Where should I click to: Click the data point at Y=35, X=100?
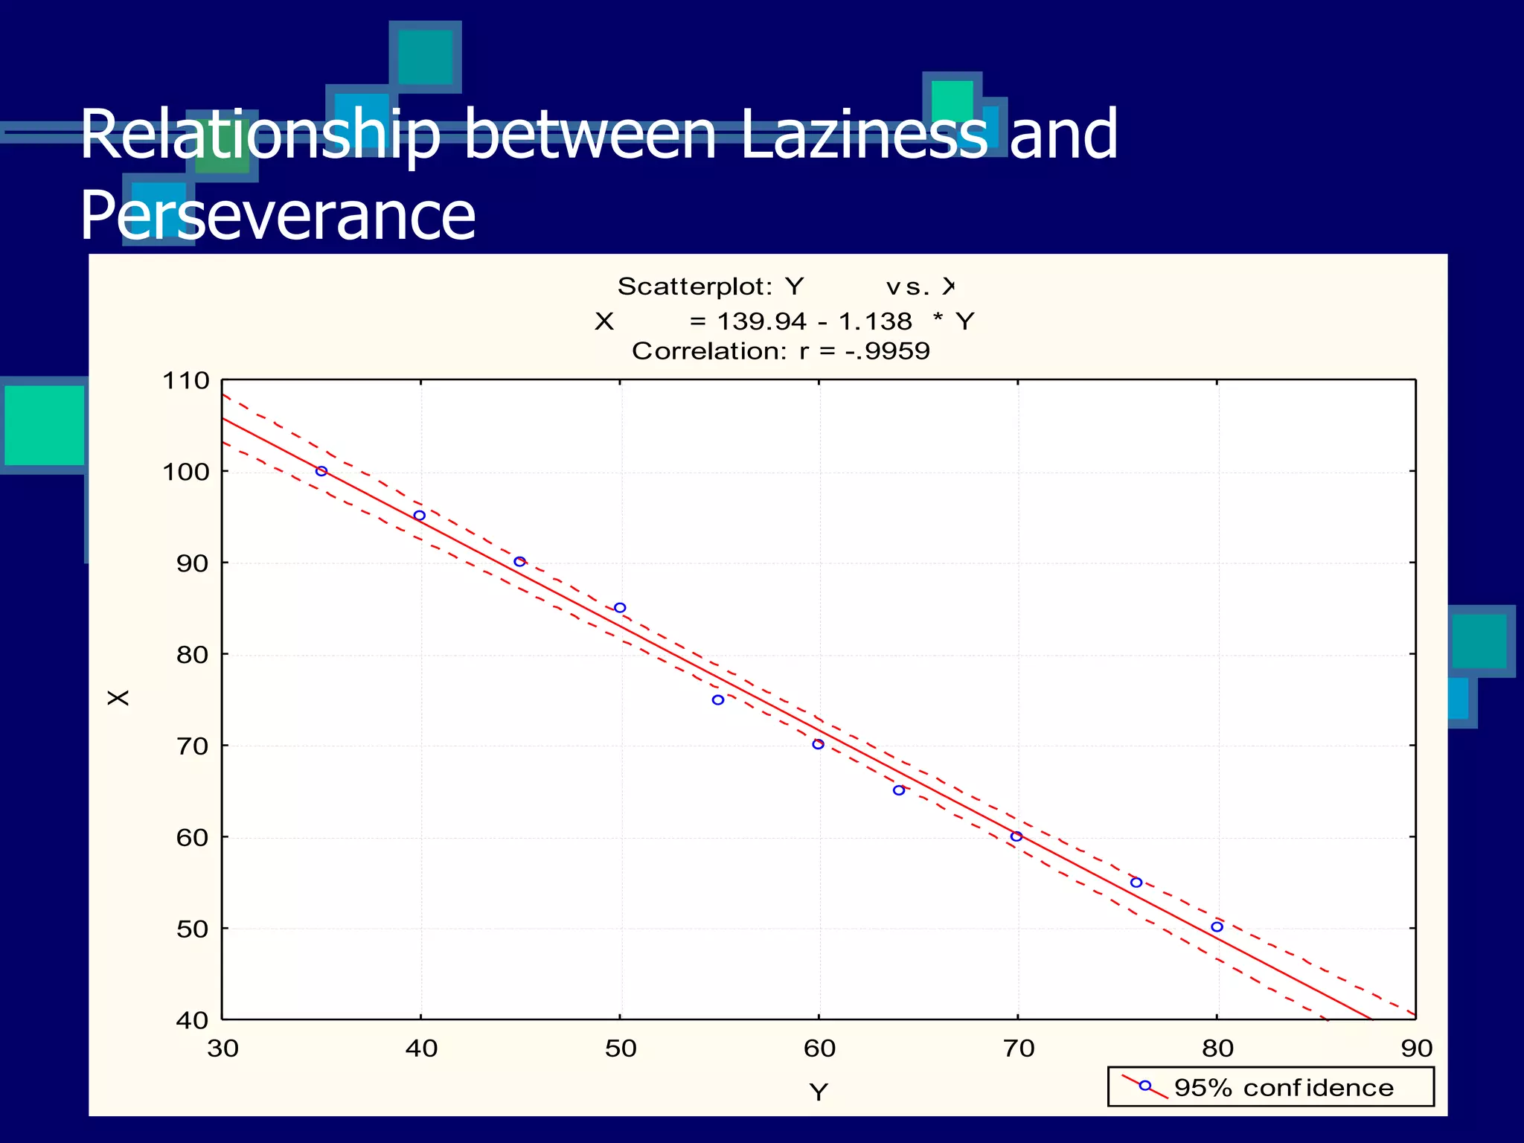[x=321, y=471]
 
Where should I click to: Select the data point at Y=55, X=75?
[x=718, y=699]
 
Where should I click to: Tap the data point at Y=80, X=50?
[x=1217, y=926]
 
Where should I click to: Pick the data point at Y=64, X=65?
[x=899, y=790]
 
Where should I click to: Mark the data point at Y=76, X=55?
[x=1136, y=883]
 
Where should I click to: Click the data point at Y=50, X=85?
[x=620, y=608]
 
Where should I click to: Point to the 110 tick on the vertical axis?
[x=186, y=381]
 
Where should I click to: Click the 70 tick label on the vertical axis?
[x=192, y=746]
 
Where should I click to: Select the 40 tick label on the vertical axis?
[x=192, y=1020]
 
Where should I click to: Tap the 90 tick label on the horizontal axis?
[x=1416, y=1048]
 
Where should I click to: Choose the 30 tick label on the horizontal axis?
[x=222, y=1048]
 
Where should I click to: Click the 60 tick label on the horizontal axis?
[x=819, y=1048]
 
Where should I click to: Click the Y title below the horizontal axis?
[x=819, y=1092]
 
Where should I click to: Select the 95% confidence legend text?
[x=1284, y=1088]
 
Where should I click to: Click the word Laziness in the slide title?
[x=864, y=135]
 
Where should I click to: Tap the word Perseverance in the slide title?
[x=278, y=216]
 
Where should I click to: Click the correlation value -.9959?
[x=887, y=351]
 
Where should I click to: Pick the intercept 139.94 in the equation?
[x=761, y=321]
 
